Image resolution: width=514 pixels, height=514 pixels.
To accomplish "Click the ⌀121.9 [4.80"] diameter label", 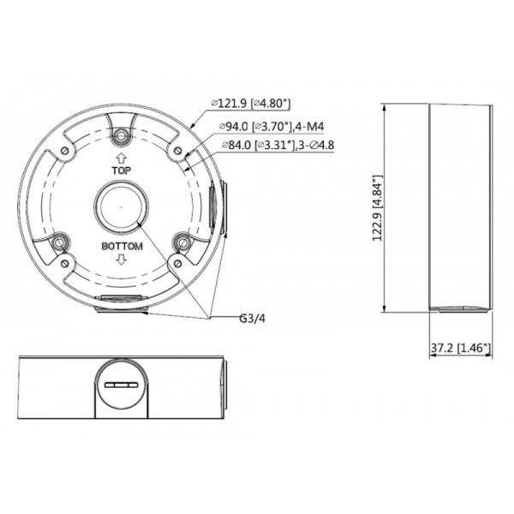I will tap(251, 104).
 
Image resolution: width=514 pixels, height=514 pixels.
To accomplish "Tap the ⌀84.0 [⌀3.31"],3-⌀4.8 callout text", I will tap(277, 146).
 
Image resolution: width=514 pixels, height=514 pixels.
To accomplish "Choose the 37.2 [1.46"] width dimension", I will tap(461, 348).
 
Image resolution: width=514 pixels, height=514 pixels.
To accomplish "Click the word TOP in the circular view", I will tap(121, 171).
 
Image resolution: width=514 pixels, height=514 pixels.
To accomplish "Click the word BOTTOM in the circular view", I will tap(121, 247).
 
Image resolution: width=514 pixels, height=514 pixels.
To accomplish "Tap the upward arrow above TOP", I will tap(121, 158).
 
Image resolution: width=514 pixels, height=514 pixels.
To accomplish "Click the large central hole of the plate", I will tap(121, 208).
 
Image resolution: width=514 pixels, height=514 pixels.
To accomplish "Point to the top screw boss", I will tap(121, 134).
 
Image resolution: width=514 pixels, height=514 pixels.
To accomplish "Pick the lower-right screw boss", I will tap(182, 243).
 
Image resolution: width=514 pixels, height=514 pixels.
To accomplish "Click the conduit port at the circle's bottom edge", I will tap(121, 302).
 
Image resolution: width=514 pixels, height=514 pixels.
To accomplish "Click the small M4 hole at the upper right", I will tap(177, 151).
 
